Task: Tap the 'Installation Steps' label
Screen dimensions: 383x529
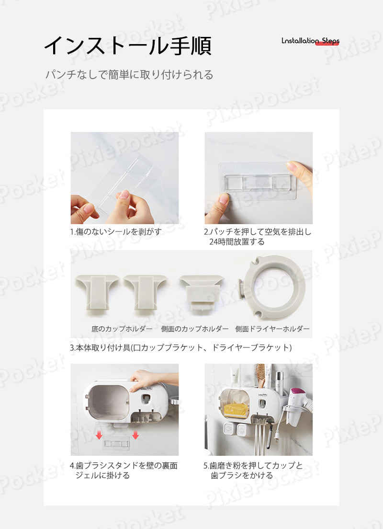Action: click(311, 41)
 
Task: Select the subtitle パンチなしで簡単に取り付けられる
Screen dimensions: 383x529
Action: click(129, 74)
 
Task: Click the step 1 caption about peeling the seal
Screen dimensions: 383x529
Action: click(116, 232)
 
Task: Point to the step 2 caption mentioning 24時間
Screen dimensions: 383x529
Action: click(258, 237)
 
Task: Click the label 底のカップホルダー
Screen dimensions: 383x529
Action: click(122, 329)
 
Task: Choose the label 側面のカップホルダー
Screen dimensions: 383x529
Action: click(194, 329)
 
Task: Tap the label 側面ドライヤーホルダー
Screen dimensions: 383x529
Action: click(272, 329)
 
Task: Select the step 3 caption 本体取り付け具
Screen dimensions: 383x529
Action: click(180, 347)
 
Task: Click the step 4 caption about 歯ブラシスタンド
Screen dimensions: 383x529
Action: click(124, 470)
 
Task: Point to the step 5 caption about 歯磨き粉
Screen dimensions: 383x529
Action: click(253, 470)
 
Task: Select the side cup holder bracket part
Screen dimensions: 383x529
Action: click(201, 292)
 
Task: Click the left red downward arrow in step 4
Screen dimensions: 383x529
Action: click(99, 435)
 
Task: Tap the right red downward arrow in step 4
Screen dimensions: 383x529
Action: click(135, 435)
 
